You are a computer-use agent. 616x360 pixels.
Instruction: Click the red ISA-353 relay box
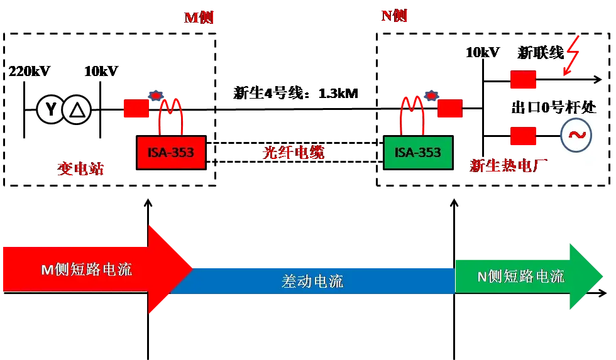pyautogui.click(x=171, y=153)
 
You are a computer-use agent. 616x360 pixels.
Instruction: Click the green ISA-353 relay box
pyautogui.click(x=418, y=153)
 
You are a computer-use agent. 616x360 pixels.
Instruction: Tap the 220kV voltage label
pyautogui.click(x=30, y=71)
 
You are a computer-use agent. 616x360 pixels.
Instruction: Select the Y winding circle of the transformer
pyautogui.click(x=50, y=109)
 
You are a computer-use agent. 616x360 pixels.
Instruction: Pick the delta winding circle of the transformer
pyautogui.click(x=77, y=109)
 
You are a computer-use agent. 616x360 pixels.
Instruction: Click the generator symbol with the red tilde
pyautogui.click(x=576, y=135)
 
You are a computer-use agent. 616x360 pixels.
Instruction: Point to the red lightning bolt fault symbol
pyautogui.click(x=572, y=56)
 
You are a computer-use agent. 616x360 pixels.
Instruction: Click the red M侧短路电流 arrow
pyautogui.click(x=98, y=270)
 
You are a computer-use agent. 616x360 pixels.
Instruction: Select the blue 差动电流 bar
pyautogui.click(x=312, y=281)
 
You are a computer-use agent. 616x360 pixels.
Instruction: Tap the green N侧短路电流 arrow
pyautogui.click(x=529, y=276)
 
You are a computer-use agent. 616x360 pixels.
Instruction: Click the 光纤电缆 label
pyautogui.click(x=293, y=152)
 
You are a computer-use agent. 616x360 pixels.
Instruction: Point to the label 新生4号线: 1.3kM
pyautogui.click(x=295, y=94)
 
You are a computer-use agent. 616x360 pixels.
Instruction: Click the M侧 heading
pyautogui.click(x=199, y=17)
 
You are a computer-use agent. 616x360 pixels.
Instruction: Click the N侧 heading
pyautogui.click(x=394, y=16)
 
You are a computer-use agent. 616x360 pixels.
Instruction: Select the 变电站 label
pyautogui.click(x=80, y=168)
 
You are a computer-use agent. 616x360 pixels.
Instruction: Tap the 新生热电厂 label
pyautogui.click(x=509, y=166)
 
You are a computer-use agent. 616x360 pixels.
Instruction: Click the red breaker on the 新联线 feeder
pyautogui.click(x=523, y=79)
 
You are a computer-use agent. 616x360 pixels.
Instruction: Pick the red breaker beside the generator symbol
pyautogui.click(x=523, y=136)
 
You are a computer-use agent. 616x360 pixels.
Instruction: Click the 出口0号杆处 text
pyautogui.click(x=554, y=107)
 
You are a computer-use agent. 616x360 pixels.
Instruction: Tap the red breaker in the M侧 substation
pyautogui.click(x=136, y=108)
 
